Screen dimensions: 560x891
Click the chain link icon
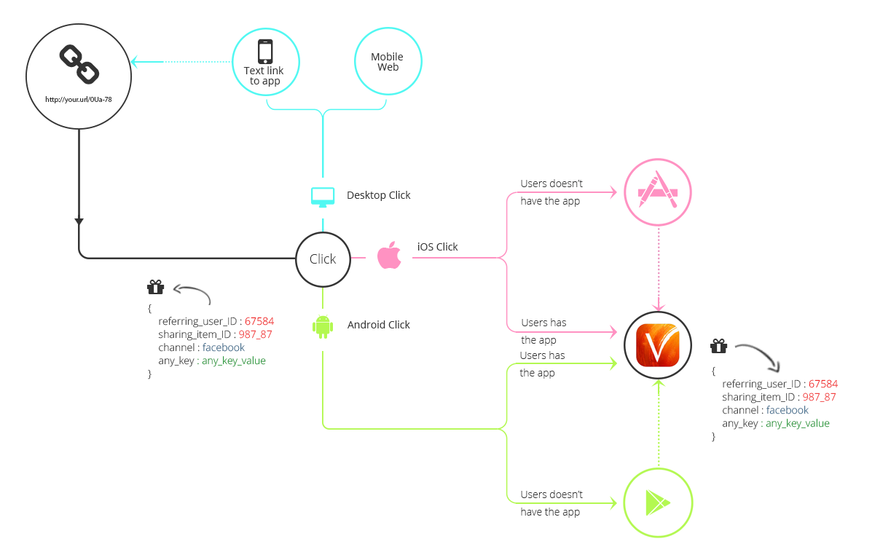click(79, 63)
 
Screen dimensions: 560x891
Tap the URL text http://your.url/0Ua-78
click(79, 99)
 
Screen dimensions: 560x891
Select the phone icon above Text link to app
click(265, 52)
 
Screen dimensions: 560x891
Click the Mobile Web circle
click(388, 61)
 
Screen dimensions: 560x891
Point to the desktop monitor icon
click(323, 196)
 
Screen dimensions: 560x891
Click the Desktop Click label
click(378, 195)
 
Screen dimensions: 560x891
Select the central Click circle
click(323, 259)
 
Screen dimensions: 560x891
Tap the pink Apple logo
click(390, 256)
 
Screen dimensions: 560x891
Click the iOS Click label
click(437, 247)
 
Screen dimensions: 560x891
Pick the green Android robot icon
click(323, 326)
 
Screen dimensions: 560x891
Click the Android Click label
click(378, 325)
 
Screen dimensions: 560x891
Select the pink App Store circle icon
click(658, 193)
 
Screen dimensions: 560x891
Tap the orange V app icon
click(658, 344)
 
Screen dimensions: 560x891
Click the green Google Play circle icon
click(658, 502)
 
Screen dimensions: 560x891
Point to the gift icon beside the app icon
click(719, 346)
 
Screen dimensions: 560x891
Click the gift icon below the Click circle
click(155, 287)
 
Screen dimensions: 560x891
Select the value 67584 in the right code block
click(823, 384)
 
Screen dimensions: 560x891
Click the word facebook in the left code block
click(224, 347)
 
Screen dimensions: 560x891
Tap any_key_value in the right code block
click(797, 423)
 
